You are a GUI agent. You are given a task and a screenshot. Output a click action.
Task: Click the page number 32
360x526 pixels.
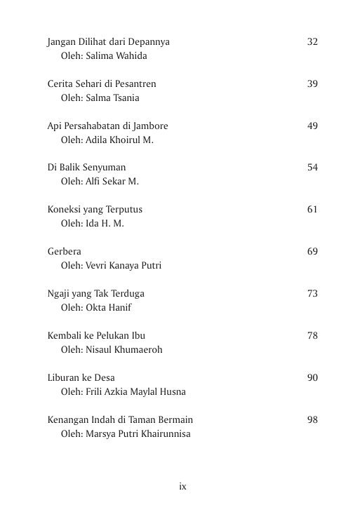(x=312, y=42)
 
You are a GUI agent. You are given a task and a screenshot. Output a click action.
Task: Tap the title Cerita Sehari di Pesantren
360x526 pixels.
(x=102, y=84)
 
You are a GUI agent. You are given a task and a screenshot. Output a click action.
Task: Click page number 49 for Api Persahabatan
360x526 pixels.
(x=312, y=126)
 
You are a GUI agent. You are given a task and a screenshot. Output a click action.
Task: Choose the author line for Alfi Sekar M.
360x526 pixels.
(x=100, y=182)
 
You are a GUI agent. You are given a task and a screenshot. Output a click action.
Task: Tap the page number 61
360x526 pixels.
(x=312, y=210)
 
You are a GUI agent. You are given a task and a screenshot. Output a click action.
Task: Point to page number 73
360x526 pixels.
(x=312, y=294)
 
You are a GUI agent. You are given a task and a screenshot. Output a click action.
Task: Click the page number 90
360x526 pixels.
(x=312, y=378)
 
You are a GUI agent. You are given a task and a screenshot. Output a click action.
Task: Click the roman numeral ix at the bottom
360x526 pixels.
(x=182, y=486)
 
